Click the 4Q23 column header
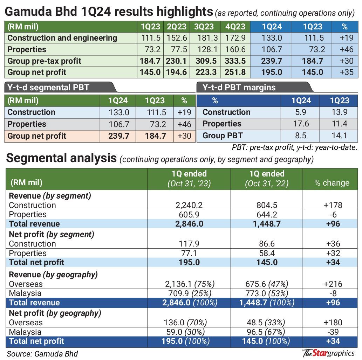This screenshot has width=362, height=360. pos(235,27)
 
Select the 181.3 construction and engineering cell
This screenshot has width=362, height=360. pos(207,38)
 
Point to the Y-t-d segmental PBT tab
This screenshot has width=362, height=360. pos(48,88)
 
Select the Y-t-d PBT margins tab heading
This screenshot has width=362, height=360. pos(239,88)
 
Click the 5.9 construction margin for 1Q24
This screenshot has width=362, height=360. pos(301,112)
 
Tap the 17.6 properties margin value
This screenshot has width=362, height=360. pos(301,124)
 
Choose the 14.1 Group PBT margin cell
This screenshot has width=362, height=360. pos(339,136)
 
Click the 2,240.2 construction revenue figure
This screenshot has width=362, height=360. pos(189,205)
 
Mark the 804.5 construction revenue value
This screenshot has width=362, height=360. pos(267,205)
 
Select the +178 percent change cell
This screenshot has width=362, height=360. pos(333,205)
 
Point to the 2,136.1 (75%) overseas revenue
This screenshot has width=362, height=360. pos(190,284)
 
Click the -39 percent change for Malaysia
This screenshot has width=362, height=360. pos(333,332)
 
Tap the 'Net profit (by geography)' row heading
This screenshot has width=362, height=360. pos(55,313)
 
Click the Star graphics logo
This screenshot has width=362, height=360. pos(328,353)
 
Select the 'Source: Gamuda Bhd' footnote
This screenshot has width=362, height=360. pos(42,354)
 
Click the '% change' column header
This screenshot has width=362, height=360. pos(332,183)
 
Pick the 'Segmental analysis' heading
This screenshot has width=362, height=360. pos(61,158)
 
